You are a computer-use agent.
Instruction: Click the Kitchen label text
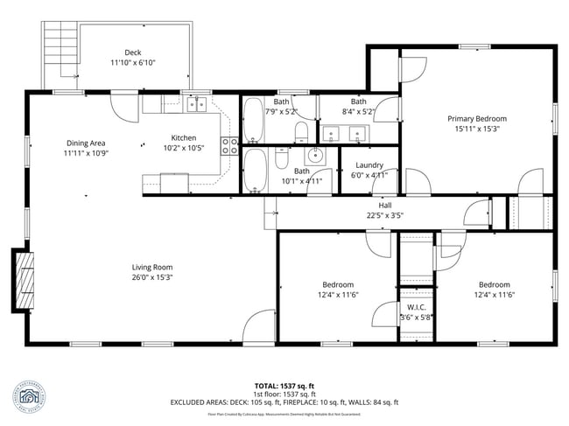tap(184, 137)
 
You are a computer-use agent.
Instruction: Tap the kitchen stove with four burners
tap(230, 145)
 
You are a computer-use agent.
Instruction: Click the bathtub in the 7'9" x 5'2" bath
tap(252, 121)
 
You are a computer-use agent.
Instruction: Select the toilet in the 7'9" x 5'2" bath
tap(300, 132)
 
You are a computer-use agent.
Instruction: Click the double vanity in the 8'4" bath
tap(345, 134)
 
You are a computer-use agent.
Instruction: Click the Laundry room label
tap(369, 164)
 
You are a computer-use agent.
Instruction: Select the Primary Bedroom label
tap(477, 118)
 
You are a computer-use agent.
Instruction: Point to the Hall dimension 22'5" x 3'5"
tap(384, 215)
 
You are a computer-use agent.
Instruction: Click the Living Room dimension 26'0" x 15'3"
tap(151, 277)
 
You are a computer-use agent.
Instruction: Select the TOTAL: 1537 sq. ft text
tap(284, 385)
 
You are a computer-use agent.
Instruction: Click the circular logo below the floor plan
tap(32, 395)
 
